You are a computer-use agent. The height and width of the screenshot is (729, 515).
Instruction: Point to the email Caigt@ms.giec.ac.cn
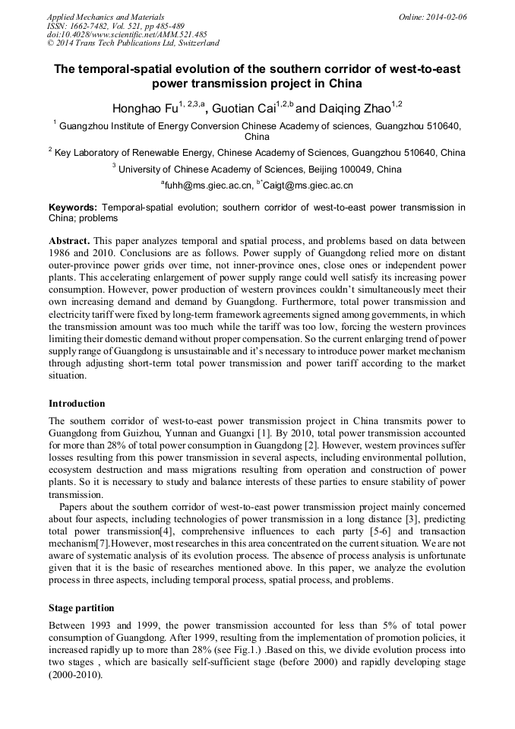(x=308, y=185)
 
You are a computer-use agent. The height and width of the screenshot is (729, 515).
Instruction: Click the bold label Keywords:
(x=73, y=207)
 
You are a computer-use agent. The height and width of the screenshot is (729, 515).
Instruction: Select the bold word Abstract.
(x=70, y=240)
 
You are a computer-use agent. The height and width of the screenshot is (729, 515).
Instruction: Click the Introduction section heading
(x=77, y=404)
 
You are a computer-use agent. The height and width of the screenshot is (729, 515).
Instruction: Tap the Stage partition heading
(x=81, y=608)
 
